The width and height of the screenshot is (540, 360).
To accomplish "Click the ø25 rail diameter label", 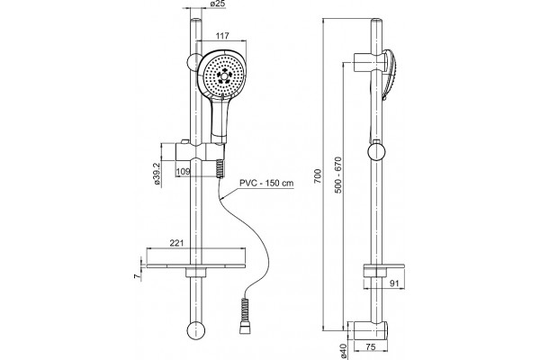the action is point(217,4).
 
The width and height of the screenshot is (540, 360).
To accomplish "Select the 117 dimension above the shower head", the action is point(222,36).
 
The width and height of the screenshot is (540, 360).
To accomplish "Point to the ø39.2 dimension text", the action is point(157,174).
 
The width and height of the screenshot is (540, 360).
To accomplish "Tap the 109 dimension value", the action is point(184,171).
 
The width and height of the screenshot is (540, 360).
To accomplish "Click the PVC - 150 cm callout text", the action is point(267,183).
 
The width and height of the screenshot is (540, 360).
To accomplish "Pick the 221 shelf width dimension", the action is point(176,243).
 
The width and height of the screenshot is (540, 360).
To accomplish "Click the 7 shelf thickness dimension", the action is point(137,276).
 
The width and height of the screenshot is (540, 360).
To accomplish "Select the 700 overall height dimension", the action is point(318,175).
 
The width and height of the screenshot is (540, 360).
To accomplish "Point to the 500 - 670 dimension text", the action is point(338,175).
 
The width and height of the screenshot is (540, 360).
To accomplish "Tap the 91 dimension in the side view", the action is point(395,283).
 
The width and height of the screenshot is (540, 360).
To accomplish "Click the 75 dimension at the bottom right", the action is point(371,346).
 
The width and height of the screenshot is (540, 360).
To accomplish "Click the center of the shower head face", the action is point(224,76).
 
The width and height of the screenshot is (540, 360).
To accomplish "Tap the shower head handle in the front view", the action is point(219,120).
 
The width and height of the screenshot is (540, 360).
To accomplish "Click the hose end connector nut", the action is point(244,329).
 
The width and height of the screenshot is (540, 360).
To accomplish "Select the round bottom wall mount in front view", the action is point(196,330).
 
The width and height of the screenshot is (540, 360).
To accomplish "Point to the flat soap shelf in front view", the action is point(196,266).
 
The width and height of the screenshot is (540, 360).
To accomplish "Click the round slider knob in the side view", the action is point(376,152).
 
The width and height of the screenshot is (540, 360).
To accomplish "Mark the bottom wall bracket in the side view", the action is point(368,331).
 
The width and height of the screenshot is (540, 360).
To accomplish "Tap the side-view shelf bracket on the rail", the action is point(384,270).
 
